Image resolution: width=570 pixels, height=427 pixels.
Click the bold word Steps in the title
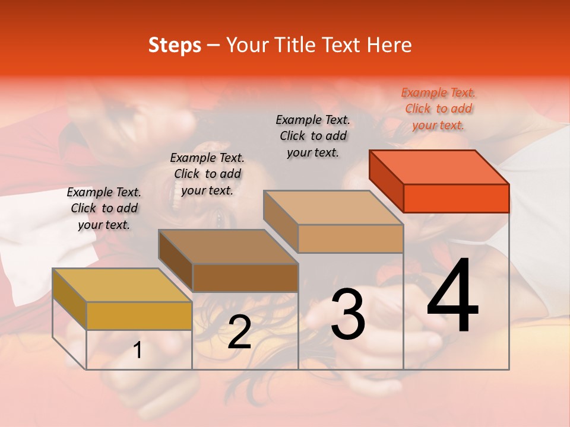(174, 45)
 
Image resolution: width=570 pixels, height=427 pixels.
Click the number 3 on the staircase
(347, 314)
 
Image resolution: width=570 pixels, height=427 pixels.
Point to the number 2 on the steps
(239, 332)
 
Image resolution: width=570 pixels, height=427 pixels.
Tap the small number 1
(138, 350)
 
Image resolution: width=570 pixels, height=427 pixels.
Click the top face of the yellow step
(122, 285)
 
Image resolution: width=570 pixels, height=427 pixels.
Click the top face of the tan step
(334, 208)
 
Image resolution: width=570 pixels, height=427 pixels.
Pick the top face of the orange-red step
(439, 167)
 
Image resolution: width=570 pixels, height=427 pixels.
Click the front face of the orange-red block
(456, 198)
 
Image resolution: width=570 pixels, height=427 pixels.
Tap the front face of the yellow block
(139, 316)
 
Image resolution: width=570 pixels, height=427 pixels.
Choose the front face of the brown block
(245, 278)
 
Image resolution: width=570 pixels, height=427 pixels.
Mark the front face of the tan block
(350, 238)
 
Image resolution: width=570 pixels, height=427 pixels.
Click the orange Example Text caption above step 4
(438, 109)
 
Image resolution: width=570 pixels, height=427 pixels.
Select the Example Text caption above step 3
(313, 136)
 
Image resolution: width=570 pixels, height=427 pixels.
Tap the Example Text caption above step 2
(207, 174)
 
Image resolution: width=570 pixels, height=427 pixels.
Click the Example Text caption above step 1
(104, 208)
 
